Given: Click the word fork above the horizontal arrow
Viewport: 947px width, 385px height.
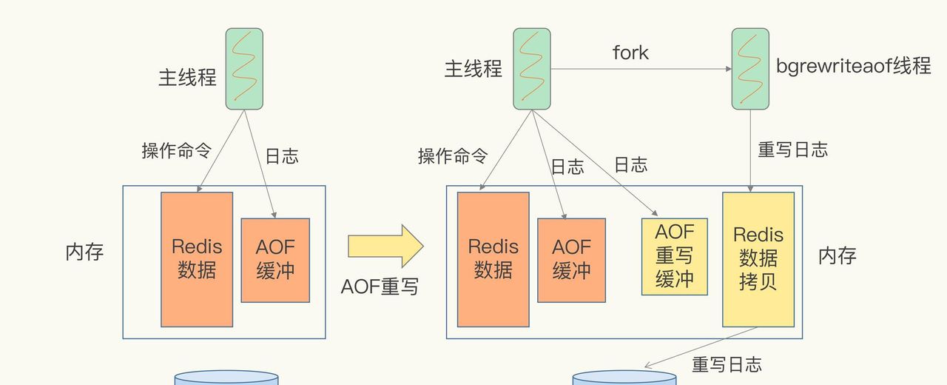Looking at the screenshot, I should click(x=630, y=53).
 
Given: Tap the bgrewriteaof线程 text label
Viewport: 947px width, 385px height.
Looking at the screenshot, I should click(x=853, y=66).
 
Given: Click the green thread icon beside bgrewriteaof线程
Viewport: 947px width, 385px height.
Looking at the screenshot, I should click(x=750, y=69).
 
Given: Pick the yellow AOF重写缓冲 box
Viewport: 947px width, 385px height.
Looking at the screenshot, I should click(x=674, y=255).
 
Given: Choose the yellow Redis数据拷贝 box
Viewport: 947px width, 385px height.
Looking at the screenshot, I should click(x=758, y=259).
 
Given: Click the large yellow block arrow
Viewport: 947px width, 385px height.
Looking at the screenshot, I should click(x=385, y=245).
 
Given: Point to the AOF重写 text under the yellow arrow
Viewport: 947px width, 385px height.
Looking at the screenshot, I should click(x=380, y=287).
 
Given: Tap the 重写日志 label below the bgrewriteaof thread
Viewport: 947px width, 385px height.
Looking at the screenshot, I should click(x=792, y=150).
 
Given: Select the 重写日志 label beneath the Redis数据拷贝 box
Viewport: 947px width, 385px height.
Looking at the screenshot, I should click(x=727, y=364).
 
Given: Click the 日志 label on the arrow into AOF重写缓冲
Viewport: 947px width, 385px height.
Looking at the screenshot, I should click(x=630, y=164).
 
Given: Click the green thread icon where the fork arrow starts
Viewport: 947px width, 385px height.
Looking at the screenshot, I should click(x=532, y=69).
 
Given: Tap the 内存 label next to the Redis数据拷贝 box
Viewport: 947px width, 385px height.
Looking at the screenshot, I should click(x=837, y=256).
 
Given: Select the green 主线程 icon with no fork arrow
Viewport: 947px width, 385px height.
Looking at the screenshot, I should click(x=244, y=69).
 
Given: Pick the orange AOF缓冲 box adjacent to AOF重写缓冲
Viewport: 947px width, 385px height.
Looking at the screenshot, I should click(x=571, y=259).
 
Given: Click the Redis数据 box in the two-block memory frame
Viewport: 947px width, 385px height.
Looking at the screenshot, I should click(x=197, y=259).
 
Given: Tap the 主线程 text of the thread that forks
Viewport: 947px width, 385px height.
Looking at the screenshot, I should click(x=473, y=69).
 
